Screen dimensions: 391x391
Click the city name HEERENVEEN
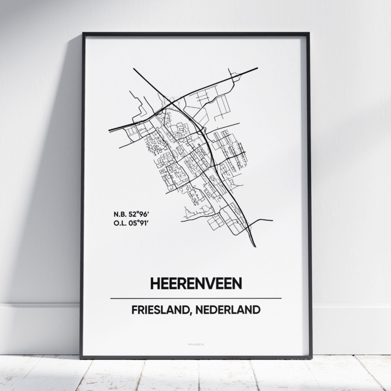(195, 283)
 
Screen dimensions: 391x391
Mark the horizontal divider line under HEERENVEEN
(195, 298)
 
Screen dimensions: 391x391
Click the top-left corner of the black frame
(83, 34)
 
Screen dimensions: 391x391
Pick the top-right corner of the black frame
(309, 34)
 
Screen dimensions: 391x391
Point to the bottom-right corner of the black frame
(311, 357)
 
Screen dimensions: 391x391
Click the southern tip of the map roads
(255, 246)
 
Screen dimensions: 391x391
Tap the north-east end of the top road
(257, 68)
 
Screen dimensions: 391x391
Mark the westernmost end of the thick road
(109, 130)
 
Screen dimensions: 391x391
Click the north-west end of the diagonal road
(134, 68)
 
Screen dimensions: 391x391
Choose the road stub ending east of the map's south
(272, 221)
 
